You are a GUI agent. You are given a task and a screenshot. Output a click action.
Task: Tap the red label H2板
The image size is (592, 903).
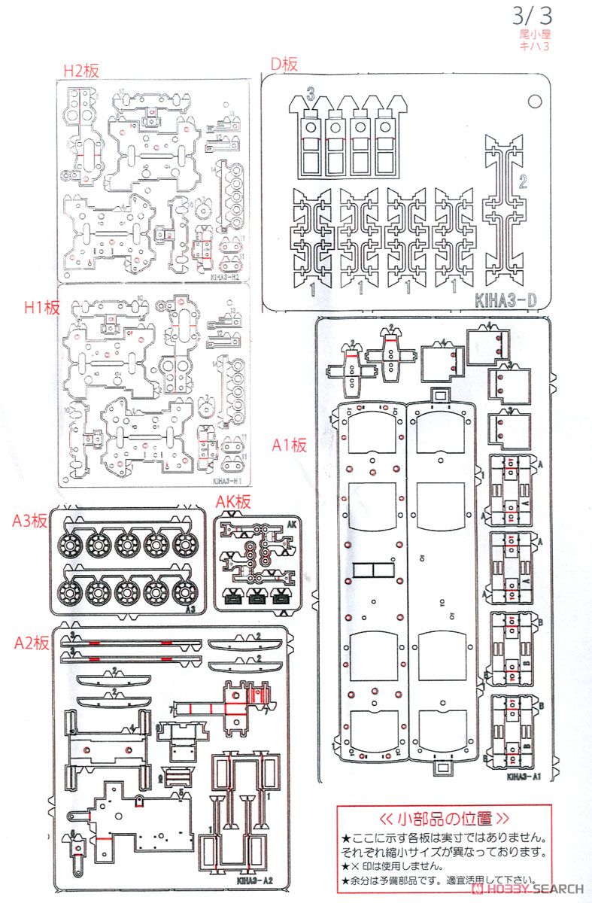[x=80, y=71]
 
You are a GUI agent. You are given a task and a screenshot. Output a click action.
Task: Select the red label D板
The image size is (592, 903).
[x=284, y=65]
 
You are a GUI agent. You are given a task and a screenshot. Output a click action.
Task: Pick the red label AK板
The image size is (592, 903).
[x=232, y=502]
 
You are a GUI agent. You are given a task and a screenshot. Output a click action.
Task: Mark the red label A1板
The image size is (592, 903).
[x=290, y=445]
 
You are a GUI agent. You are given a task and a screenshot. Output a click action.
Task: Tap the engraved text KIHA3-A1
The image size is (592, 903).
[x=524, y=778]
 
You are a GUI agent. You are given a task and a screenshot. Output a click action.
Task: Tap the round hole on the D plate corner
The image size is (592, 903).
[x=534, y=100]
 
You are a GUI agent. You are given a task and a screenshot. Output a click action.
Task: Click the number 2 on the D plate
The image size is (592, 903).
[x=522, y=181]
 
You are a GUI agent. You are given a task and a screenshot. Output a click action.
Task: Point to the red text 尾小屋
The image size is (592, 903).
[x=535, y=35]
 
